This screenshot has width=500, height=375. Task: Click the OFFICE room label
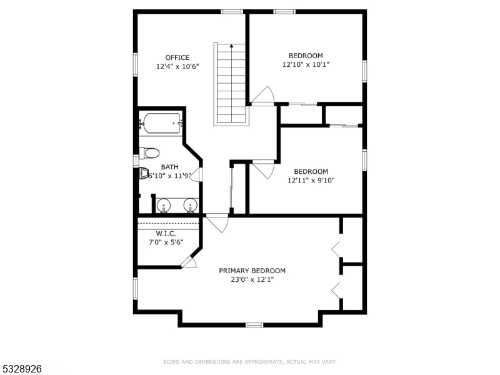point(177,57)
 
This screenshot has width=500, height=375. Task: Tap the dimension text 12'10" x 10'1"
point(306,64)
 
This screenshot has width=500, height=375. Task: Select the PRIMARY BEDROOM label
point(252,271)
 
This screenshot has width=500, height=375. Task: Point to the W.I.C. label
point(166,233)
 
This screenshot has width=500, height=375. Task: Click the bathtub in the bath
point(162,123)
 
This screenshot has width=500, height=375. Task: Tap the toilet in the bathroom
point(149,153)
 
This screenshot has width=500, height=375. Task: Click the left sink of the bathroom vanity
point(164,206)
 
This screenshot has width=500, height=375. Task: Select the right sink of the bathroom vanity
point(191,206)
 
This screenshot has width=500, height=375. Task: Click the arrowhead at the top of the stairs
point(231,46)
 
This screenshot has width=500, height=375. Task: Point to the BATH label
point(169,167)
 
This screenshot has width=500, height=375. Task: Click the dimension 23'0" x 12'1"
point(252,279)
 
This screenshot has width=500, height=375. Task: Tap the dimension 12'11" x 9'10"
point(311,181)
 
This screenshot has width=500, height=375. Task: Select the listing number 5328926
point(21,369)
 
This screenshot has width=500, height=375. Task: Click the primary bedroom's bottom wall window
point(254,325)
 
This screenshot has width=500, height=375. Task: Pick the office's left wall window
point(136,65)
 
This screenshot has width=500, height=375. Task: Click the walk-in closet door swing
point(189,262)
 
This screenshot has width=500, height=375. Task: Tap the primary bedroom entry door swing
point(217,224)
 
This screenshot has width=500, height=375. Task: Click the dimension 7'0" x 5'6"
point(166,242)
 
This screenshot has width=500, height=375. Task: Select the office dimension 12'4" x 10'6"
point(177,67)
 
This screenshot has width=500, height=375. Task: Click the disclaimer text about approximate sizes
point(249,362)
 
